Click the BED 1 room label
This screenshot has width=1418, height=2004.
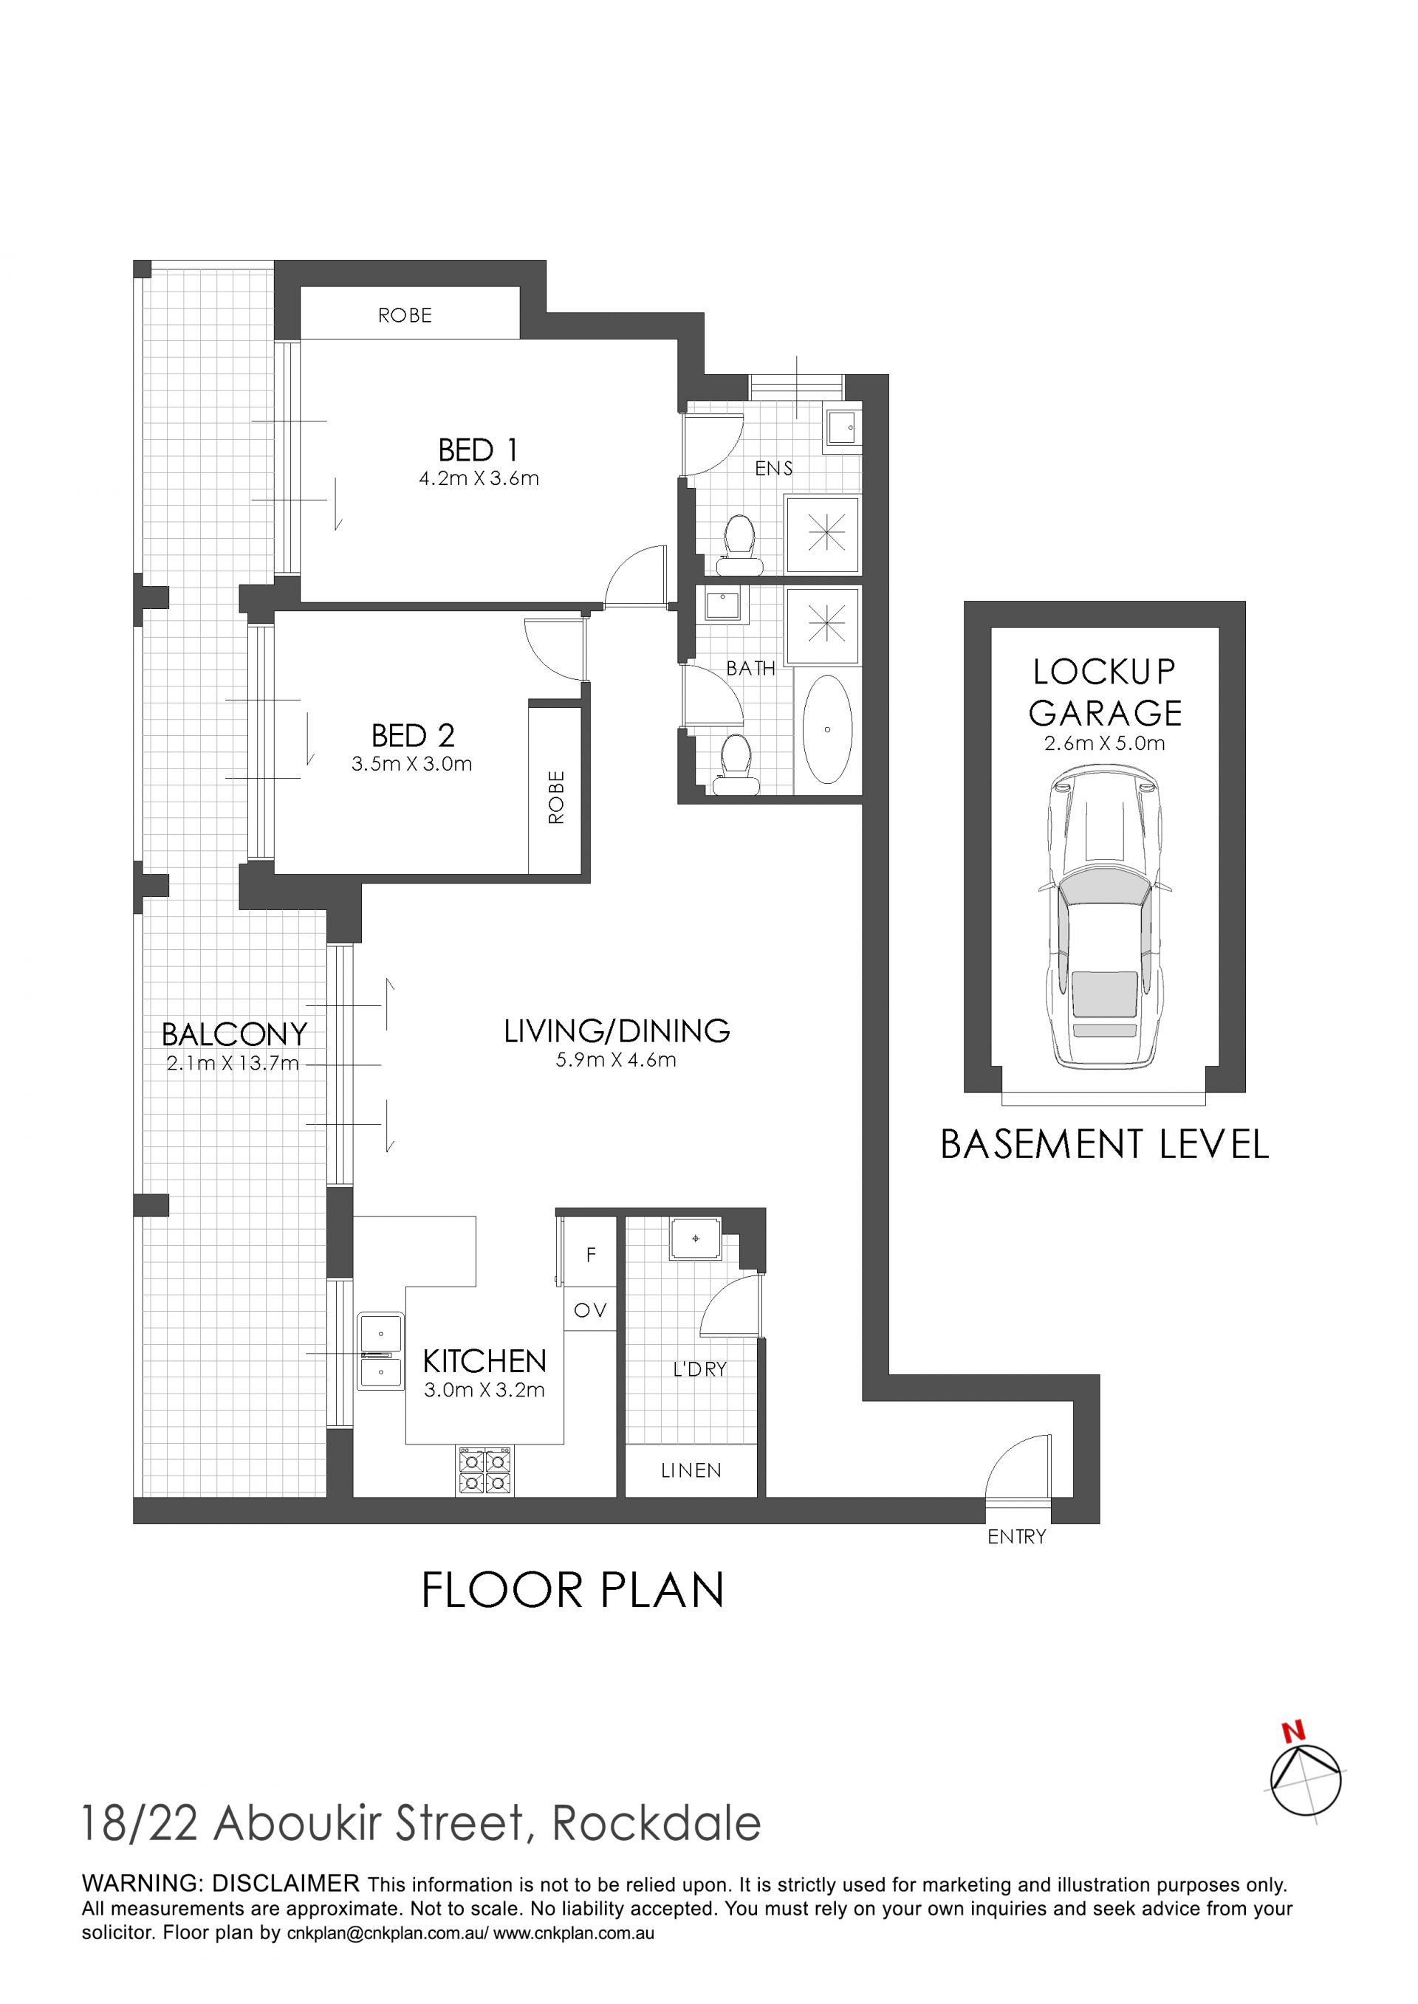pyautogui.click(x=478, y=450)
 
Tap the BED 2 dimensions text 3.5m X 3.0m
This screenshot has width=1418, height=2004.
pyautogui.click(x=412, y=764)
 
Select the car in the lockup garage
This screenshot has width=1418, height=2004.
pyautogui.click(x=1105, y=917)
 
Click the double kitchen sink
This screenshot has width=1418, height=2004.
pyautogui.click(x=380, y=1351)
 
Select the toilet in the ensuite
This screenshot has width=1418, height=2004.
pyautogui.click(x=739, y=545)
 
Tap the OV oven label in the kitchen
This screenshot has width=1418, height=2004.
pyautogui.click(x=590, y=1310)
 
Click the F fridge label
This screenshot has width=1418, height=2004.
pyautogui.click(x=591, y=1255)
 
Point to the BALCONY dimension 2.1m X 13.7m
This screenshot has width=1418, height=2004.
pyautogui.click(x=233, y=1063)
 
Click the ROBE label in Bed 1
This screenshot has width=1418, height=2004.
pyautogui.click(x=405, y=315)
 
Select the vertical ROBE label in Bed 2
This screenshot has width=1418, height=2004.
pyautogui.click(x=556, y=798)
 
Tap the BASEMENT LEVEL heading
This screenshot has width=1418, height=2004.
pyautogui.click(x=1105, y=1144)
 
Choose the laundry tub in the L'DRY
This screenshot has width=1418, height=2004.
pyautogui.click(x=696, y=1239)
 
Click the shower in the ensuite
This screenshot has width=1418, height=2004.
pyautogui.click(x=823, y=534)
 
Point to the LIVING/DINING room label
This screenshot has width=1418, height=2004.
pyautogui.click(x=617, y=1031)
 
